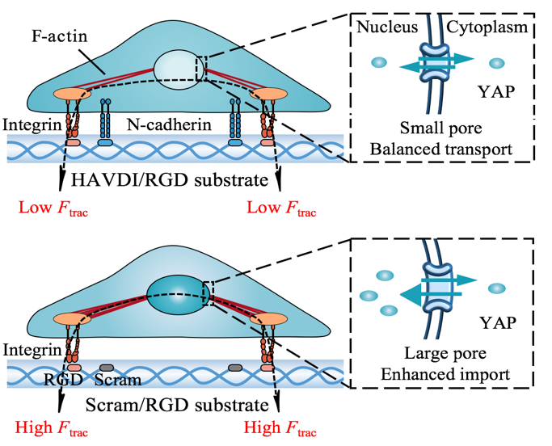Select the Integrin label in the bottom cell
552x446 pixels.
(30, 349)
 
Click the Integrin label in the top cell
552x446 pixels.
(30, 125)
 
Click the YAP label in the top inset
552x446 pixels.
(499, 91)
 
